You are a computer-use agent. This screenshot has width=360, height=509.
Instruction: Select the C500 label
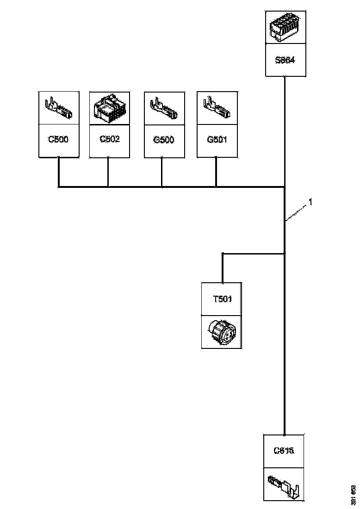[59, 139]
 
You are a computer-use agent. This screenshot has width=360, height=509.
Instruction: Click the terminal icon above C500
[59, 108]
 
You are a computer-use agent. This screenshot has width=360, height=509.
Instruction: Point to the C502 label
[110, 139]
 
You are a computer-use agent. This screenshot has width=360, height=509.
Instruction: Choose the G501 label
[217, 139]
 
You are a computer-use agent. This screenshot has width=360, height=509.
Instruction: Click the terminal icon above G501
[217, 108]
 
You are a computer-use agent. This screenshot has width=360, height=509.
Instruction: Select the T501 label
[222, 299]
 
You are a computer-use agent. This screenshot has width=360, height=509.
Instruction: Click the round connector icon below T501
[221, 332]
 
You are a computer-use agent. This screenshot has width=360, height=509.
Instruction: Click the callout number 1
[311, 202]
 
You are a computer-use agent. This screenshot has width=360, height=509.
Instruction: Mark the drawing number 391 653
[354, 495]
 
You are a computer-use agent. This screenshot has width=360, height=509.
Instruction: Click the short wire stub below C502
[108, 172]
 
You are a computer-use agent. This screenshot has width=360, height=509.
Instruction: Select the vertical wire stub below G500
[161, 172]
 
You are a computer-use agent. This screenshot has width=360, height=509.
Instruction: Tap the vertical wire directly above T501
[223, 268]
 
